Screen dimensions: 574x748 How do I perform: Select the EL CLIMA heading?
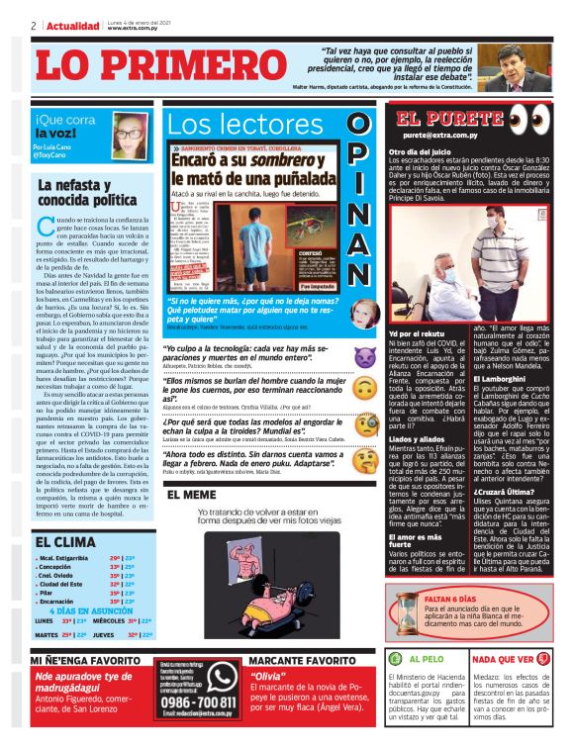(x=66, y=541)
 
